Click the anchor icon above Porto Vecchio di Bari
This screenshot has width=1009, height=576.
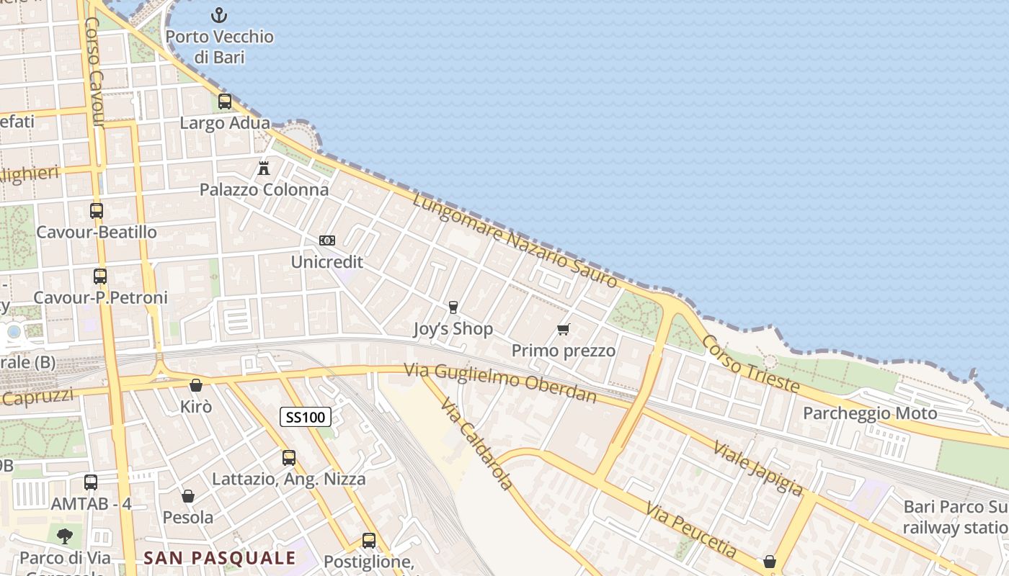pos(218,14)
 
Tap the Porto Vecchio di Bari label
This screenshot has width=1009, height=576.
pos(219,47)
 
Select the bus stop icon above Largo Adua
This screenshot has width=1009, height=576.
pos(225,102)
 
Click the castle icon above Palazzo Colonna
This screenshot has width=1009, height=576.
pos(264,168)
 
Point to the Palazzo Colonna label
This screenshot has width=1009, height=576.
pos(264,190)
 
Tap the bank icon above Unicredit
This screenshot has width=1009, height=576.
pos(327,240)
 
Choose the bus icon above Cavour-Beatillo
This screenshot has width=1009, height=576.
pos(97,211)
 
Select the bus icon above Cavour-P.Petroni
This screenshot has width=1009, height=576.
pos(100,276)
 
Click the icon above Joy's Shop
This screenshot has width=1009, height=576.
pos(453,307)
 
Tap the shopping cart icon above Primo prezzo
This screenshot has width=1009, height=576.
pos(564,330)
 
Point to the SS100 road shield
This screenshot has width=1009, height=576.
pos(306,416)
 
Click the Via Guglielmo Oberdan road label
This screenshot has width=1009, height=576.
pos(500,382)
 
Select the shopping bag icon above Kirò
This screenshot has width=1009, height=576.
pos(195,385)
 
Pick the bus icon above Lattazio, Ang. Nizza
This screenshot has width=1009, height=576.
pos(289,457)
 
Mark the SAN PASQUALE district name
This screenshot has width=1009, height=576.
pos(219,558)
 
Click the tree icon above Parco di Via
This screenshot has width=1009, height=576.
pos(65,535)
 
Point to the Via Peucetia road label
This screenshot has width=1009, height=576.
pos(691,531)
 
